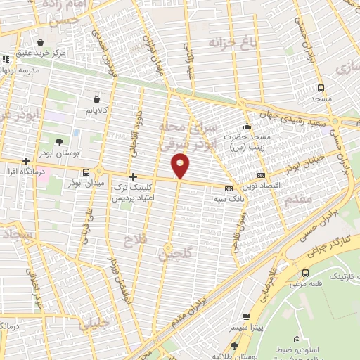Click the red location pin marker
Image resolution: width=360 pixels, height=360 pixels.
(x=181, y=165)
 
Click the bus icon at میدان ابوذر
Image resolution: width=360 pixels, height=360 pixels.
(x=86, y=172)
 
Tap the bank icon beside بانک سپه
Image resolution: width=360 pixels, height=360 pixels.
(x=229, y=188)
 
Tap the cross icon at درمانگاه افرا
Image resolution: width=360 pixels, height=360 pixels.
(x=27, y=161)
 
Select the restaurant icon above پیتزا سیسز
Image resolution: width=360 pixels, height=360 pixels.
(x=245, y=317)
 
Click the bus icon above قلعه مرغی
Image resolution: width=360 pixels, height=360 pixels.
(x=305, y=273)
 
